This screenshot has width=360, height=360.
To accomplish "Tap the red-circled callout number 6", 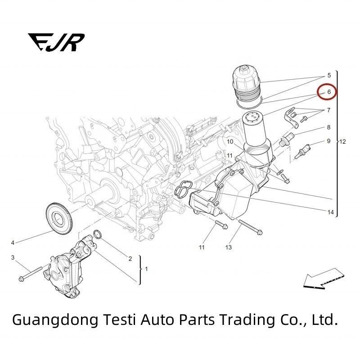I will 328,92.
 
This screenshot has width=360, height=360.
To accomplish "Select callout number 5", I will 328,75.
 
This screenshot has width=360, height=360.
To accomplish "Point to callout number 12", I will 343,142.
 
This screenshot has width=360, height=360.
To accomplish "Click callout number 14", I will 331,212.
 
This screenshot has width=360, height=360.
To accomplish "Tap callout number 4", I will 13,243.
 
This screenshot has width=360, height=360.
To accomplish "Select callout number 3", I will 13,257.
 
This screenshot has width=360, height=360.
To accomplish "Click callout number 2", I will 130,258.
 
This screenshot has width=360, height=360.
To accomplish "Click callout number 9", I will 328,141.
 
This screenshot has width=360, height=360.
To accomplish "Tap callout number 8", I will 328,128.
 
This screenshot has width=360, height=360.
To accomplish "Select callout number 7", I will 328,110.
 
